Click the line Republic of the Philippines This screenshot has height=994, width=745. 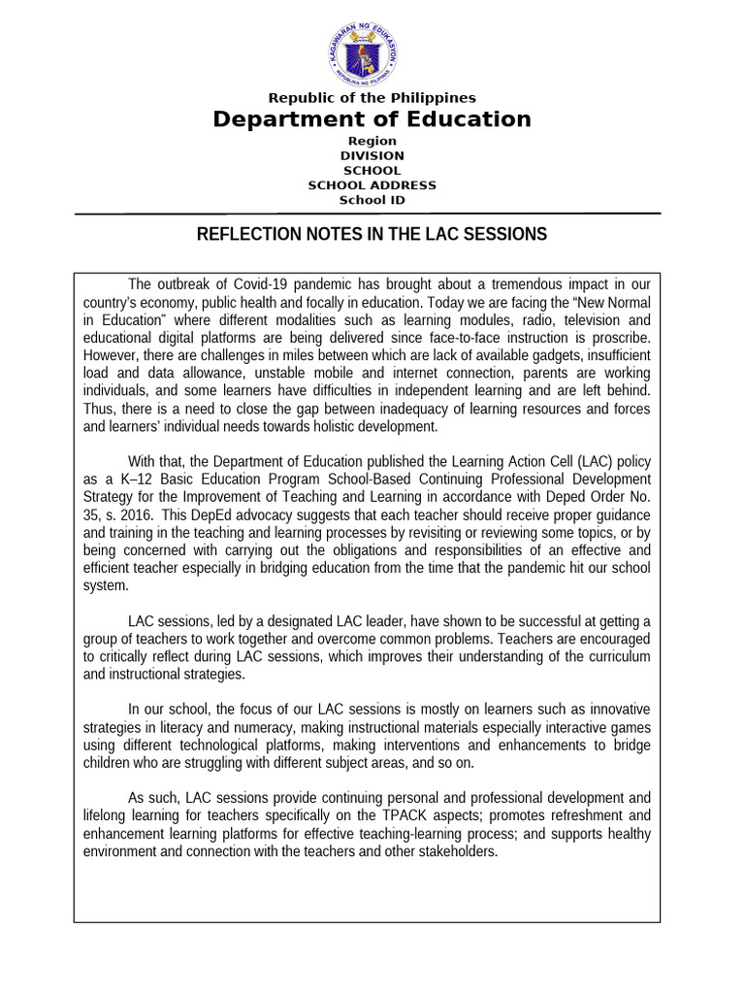(x=372, y=98)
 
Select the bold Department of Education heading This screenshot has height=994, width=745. (x=372, y=119)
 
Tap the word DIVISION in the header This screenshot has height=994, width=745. (x=372, y=155)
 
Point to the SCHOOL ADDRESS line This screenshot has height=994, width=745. (x=372, y=185)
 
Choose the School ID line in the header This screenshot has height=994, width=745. (x=372, y=200)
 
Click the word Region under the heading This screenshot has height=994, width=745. (x=372, y=141)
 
